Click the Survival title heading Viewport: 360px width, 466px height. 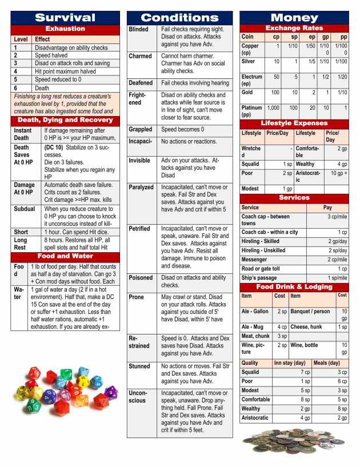(65, 17)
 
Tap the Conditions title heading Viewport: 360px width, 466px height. (179, 17)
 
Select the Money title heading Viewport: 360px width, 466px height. (294, 17)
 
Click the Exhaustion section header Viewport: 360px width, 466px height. (65, 29)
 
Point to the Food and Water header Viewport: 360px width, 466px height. (65, 256)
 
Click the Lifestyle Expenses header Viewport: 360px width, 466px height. (294, 123)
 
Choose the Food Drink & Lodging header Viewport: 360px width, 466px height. (294, 286)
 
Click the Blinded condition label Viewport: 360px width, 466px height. (139, 29)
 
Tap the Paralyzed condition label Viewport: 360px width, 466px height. (141, 187)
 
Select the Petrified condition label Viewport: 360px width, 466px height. (140, 228)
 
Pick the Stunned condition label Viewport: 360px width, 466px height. (139, 366)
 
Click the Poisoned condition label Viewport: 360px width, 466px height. (141, 277)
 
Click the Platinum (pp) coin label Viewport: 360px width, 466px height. (251, 111)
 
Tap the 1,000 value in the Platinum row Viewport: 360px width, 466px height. (273, 107)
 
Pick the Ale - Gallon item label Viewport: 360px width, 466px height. (255, 312)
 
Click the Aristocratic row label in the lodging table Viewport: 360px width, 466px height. (255, 418)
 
